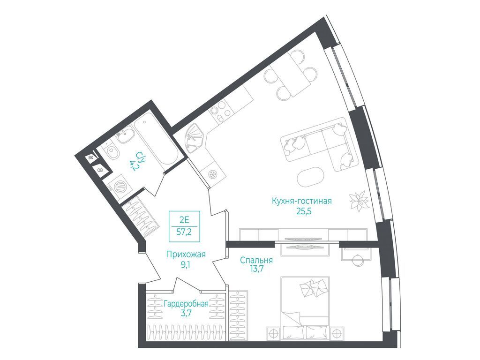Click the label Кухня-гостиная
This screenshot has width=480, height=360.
click(302, 201)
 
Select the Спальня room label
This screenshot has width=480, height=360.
click(256, 260)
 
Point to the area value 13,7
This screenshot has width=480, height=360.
click(256, 269)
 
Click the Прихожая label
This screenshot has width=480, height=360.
click(186, 254)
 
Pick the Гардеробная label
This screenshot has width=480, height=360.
click(186, 304)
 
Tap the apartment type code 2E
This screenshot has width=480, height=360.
click(185, 219)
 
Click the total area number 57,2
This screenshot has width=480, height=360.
click(184, 232)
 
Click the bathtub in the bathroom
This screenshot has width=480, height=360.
click(157, 142)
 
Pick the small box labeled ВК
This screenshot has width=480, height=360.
click(91, 158)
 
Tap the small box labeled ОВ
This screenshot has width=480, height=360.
click(100, 170)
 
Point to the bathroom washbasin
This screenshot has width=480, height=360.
click(126, 135)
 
